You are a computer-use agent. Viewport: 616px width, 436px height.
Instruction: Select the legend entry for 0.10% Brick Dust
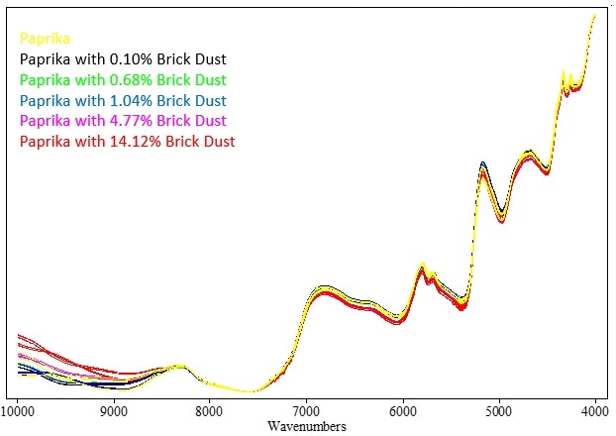click(x=123, y=59)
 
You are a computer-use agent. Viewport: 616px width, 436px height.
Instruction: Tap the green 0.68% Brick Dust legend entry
click(x=123, y=80)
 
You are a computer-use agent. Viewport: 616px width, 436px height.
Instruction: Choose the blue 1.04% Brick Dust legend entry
click(x=123, y=101)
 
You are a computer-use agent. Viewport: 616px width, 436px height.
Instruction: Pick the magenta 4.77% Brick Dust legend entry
click(x=123, y=121)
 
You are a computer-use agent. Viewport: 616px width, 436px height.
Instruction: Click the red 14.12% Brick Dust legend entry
click(x=127, y=142)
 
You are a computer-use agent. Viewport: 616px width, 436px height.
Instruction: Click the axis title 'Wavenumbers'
click(x=306, y=426)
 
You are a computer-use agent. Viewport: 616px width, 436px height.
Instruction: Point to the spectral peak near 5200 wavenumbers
click(x=482, y=163)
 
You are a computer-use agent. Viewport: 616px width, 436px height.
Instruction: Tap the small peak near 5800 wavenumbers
click(x=423, y=266)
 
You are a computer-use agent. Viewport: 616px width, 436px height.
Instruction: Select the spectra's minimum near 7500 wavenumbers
click(x=255, y=391)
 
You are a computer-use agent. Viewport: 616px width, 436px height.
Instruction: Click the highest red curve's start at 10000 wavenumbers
click(x=19, y=335)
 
